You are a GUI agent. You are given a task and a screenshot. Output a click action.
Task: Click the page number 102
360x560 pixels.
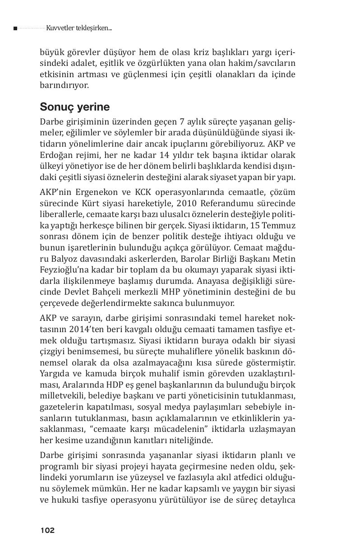click(47, 530)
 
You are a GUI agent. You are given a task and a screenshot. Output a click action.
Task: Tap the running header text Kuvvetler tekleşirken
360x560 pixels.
click(78, 28)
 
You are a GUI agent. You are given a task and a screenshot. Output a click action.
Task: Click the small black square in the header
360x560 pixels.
click(15, 28)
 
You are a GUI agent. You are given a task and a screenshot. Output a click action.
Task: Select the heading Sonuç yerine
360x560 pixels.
click(75, 107)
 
